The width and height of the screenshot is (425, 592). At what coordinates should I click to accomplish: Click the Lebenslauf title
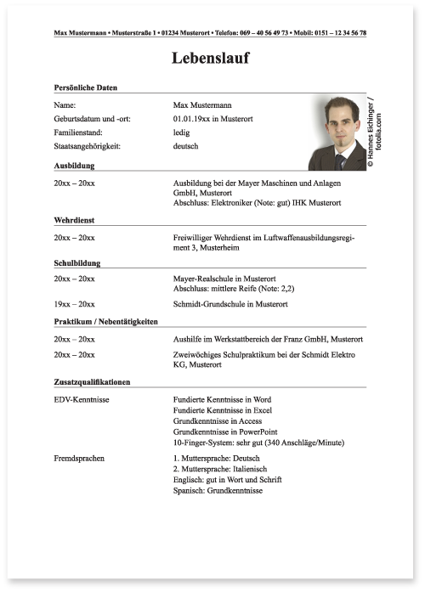click(211, 59)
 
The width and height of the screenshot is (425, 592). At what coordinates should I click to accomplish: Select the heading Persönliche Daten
click(85, 87)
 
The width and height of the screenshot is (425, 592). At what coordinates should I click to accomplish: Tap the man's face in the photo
click(338, 130)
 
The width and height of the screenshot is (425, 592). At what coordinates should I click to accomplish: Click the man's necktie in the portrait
click(341, 161)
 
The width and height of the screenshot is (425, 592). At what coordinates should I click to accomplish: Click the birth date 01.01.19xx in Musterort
click(212, 118)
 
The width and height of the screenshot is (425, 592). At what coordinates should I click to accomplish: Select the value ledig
click(182, 132)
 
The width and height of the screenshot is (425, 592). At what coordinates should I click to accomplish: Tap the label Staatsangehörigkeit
click(90, 146)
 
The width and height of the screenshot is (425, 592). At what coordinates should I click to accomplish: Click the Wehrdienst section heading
click(73, 219)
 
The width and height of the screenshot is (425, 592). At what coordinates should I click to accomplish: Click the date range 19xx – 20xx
click(74, 304)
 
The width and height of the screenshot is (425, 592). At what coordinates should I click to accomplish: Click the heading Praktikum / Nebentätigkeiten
click(105, 322)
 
